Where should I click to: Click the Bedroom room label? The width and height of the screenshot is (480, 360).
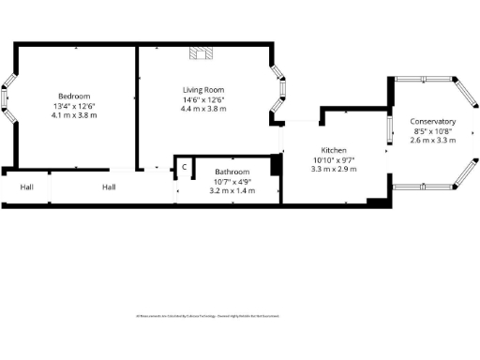pos(74,97)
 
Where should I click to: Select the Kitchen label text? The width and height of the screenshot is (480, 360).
pos(335,150)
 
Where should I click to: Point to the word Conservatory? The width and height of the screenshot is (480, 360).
pos(433,122)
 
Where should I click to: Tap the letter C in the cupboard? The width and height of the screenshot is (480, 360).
pos(185,167)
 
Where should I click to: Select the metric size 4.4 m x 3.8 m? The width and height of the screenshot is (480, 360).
pos(203,109)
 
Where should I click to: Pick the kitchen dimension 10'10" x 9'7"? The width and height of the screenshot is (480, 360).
pos(335,159)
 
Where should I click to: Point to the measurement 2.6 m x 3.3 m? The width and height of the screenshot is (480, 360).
pos(433,141)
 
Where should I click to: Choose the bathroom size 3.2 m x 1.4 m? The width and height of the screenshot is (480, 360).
pos(230,190)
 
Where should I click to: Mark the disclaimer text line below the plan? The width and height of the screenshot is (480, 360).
pos(208,316)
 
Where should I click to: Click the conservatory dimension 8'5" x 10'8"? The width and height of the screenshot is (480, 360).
pos(433,131)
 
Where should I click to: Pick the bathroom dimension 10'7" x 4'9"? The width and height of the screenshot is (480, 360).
pos(230,182)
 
